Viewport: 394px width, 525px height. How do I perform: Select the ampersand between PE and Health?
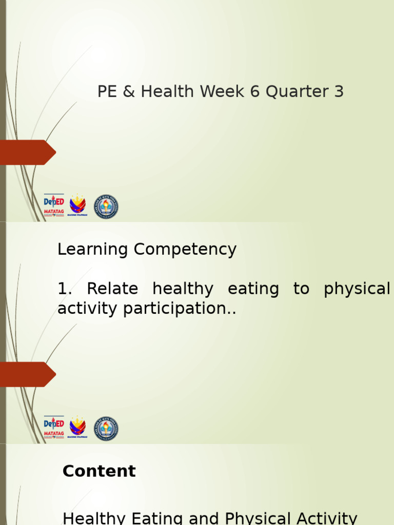pyautogui.click(x=129, y=92)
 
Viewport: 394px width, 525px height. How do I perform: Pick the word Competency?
pyautogui.click(x=185, y=250)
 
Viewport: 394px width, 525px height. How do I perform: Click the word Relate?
pyautogui.click(x=112, y=289)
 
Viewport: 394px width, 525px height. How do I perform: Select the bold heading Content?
pyautogui.click(x=99, y=471)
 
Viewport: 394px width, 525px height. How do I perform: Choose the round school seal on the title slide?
pyautogui.click(x=106, y=207)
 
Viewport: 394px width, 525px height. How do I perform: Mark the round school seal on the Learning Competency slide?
pyautogui.click(x=106, y=428)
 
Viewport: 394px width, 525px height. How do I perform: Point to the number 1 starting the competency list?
pyautogui.click(x=63, y=289)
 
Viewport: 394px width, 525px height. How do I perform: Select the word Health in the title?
pyautogui.click(x=168, y=92)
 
